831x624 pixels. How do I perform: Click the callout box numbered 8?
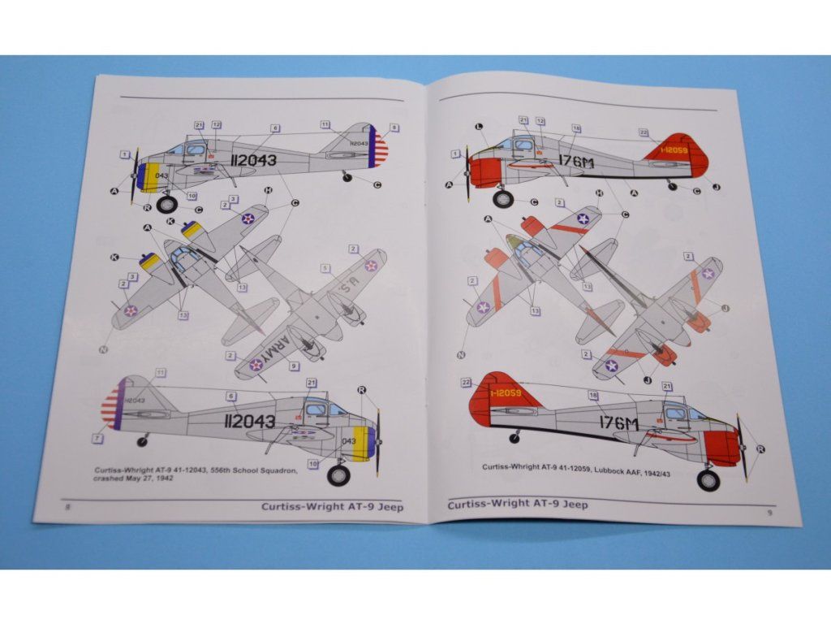click(x=394, y=128)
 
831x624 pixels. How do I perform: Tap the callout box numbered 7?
click(x=98, y=439)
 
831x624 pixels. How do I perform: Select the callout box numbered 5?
click(x=325, y=267)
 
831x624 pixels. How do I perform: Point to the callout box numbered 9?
click(x=294, y=366)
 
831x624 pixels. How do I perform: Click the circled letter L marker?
click(x=479, y=127)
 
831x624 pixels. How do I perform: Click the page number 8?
click(x=67, y=506)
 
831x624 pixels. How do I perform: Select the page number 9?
click(x=769, y=512)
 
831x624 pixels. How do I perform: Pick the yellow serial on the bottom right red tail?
click(x=511, y=393)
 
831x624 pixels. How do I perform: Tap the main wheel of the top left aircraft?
click(x=167, y=204)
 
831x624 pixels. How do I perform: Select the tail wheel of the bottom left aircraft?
click(x=143, y=441)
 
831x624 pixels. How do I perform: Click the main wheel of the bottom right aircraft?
click(x=708, y=480)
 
